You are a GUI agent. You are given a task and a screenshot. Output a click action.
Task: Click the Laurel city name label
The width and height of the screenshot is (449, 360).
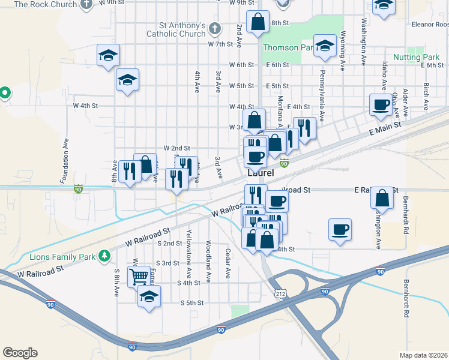[x=261, y=173]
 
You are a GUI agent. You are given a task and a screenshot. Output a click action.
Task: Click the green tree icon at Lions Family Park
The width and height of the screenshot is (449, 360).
[x=105, y=256]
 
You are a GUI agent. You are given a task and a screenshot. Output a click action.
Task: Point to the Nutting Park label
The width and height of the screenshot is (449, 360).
[x=417, y=57]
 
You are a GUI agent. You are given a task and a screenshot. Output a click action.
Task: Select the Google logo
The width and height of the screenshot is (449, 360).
[x=20, y=353]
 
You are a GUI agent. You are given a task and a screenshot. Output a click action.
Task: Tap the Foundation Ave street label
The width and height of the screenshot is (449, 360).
[x=64, y=162]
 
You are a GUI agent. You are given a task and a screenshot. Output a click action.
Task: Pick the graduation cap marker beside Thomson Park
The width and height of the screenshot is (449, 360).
[x=325, y=47]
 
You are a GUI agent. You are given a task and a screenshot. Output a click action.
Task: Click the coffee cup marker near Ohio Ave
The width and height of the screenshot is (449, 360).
[x=381, y=105]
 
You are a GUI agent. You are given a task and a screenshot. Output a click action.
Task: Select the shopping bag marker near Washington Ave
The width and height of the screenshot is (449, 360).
[x=382, y=197]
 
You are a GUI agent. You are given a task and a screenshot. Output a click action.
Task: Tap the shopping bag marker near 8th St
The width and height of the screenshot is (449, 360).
[x=258, y=23]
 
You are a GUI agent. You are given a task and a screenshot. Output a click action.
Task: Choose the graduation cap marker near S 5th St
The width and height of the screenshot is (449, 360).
[x=149, y=296]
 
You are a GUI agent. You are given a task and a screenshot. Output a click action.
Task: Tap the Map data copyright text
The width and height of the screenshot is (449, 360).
[x=424, y=355]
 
